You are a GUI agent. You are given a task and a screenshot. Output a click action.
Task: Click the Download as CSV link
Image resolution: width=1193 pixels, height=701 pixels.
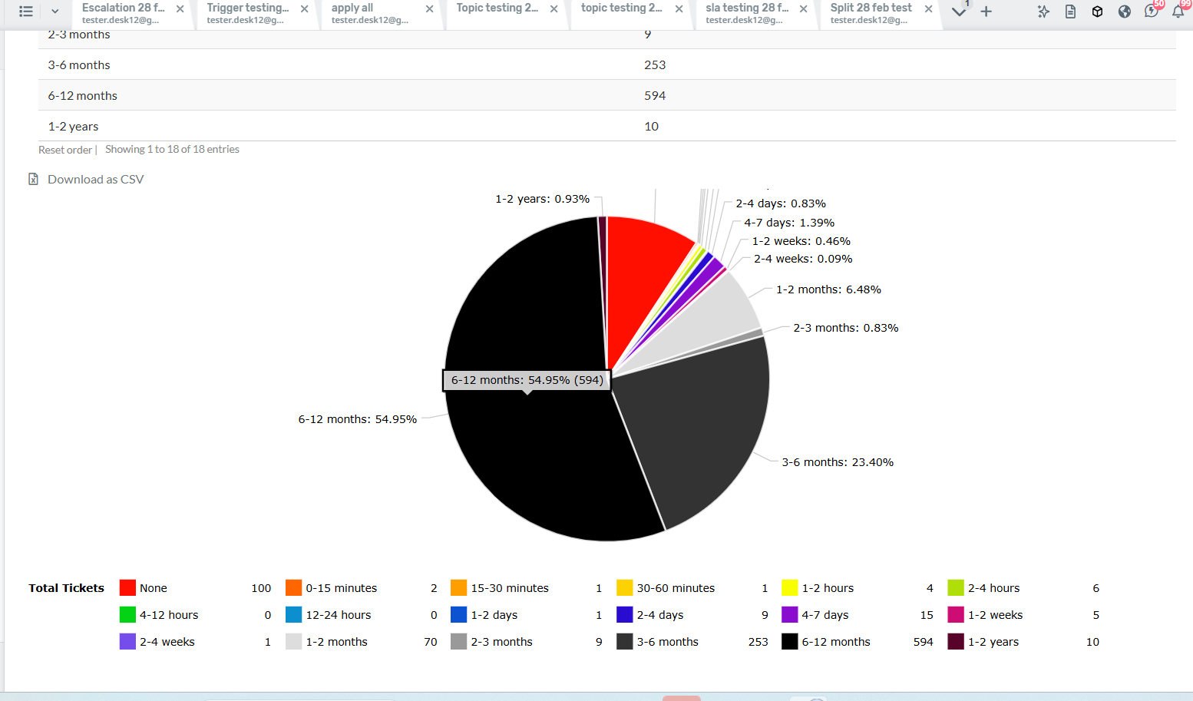(x=95, y=180)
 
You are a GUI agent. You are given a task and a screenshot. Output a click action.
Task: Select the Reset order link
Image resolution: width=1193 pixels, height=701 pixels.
(x=65, y=150)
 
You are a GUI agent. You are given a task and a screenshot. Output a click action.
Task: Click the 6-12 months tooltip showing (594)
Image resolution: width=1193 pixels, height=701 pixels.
(x=527, y=380)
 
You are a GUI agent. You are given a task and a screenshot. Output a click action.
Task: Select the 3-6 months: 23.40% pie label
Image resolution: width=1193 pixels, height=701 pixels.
(x=838, y=462)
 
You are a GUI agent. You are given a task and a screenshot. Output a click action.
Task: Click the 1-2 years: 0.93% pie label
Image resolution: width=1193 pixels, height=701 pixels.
(x=542, y=199)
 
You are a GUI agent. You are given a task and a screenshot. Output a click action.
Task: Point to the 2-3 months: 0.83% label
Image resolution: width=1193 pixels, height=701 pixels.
(x=845, y=328)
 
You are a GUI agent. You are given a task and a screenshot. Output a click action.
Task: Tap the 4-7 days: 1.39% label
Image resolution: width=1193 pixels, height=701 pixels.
(x=788, y=223)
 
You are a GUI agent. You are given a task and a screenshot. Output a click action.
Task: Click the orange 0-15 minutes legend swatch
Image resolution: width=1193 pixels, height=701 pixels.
(x=293, y=588)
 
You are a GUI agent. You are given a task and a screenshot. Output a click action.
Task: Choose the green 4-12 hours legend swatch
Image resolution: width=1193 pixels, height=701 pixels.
(x=127, y=615)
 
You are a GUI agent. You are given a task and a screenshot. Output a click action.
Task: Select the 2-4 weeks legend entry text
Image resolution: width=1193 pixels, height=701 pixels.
(x=167, y=642)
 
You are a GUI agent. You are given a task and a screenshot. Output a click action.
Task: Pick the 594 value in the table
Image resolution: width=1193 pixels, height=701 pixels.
(x=655, y=96)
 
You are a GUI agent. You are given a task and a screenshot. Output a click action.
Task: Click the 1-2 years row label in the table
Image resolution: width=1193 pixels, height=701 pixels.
(x=73, y=127)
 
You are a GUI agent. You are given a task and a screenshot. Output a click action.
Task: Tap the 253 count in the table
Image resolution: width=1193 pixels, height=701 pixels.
(x=655, y=65)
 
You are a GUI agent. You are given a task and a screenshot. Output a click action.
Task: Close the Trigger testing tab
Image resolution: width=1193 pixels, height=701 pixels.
(x=305, y=9)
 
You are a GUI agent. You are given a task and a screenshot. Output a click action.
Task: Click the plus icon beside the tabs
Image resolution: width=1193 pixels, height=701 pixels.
(x=986, y=12)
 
